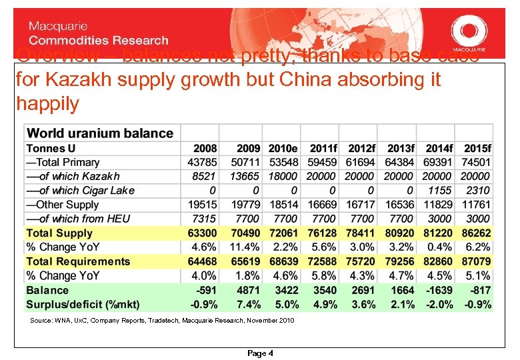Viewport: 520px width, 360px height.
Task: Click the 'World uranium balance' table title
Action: tap(99, 133)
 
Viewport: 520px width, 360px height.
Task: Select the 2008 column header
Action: tap(205, 148)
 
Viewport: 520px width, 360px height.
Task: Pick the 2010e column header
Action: tap(283, 148)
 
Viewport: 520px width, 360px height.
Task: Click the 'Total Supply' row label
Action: tap(59, 233)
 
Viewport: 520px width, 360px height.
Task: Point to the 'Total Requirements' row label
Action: tap(78, 261)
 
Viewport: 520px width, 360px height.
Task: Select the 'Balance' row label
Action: tap(47, 290)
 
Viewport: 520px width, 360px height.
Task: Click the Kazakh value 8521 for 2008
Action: tap(203, 177)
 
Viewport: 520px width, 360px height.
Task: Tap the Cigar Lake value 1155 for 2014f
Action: tap(439, 191)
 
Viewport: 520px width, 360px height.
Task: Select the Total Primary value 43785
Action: tap(202, 163)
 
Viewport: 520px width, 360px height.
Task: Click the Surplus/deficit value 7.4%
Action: tap(247, 305)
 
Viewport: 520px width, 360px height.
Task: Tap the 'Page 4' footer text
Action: tap(260, 353)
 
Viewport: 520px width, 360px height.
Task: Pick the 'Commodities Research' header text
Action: tap(98, 41)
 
